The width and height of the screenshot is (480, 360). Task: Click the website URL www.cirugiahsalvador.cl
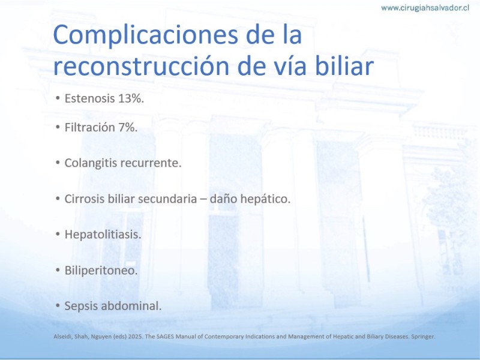(425, 8)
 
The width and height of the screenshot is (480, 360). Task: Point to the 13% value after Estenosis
(131, 98)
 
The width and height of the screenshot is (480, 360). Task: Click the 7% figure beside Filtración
(128, 127)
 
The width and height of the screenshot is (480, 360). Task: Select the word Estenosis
(89, 98)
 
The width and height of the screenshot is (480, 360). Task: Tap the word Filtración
(89, 127)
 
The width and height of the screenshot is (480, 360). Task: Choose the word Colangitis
(91, 163)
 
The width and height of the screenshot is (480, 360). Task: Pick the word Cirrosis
(84, 199)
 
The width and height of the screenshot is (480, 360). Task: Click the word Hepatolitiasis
(103, 235)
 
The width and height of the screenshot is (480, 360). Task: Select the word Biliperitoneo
(101, 271)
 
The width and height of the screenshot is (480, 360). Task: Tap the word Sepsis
(81, 306)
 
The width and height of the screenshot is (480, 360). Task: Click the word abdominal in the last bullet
(131, 305)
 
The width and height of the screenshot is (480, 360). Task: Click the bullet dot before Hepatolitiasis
(58, 235)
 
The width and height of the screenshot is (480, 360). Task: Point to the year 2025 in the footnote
(136, 337)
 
